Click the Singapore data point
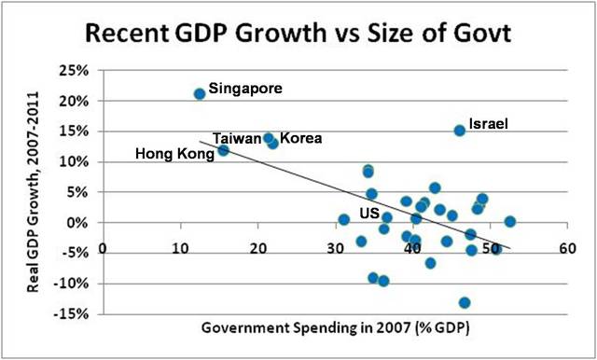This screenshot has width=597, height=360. [200, 94]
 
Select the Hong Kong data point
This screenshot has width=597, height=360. [223, 150]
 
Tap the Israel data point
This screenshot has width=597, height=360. [459, 131]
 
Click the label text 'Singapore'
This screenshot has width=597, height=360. [244, 90]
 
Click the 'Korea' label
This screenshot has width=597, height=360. [300, 138]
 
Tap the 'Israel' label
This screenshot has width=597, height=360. [489, 123]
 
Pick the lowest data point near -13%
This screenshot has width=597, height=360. [465, 302]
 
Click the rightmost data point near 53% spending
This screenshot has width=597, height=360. [509, 222]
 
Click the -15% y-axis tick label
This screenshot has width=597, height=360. [73, 314]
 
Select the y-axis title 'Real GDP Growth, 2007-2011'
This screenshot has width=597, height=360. [35, 190]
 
